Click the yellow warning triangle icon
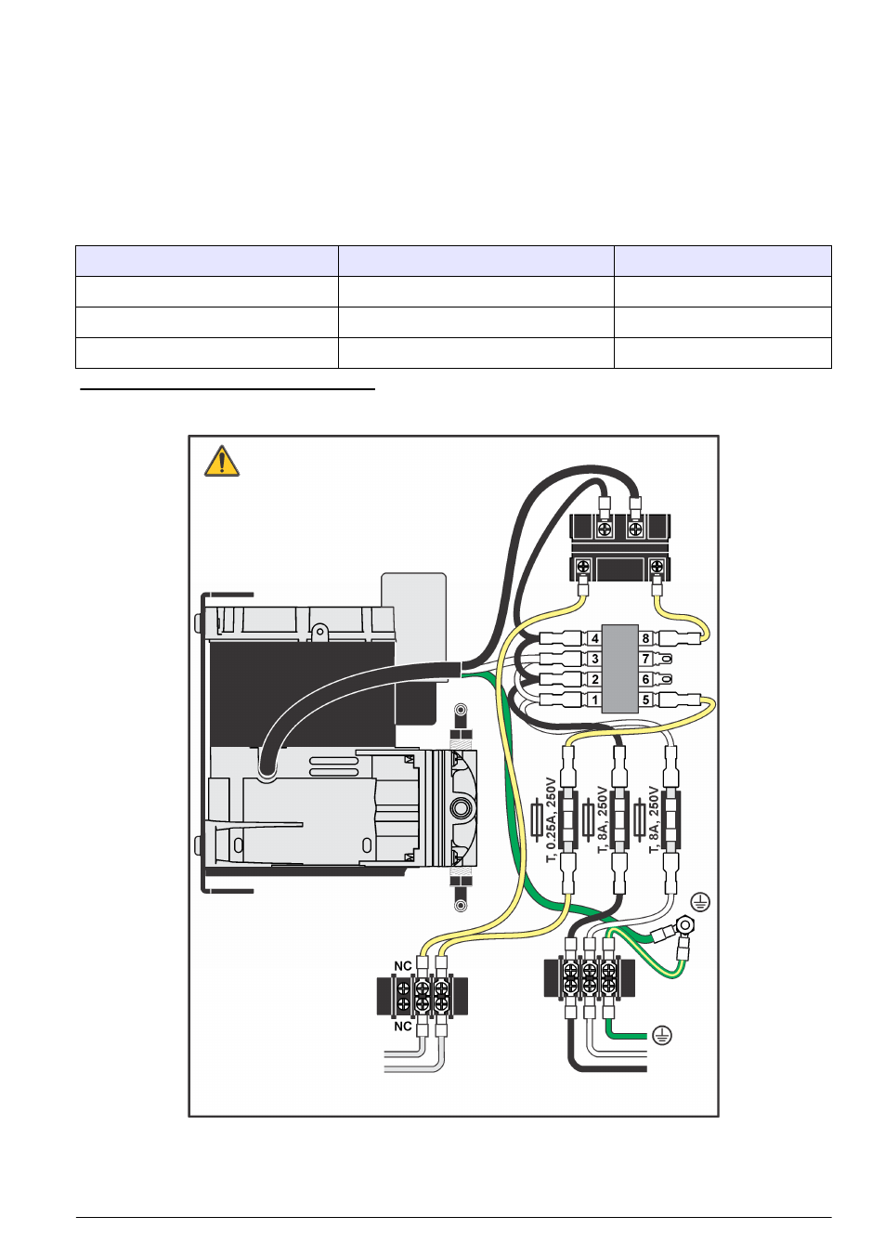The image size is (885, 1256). coord(222,462)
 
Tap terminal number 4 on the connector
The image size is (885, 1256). coord(594,638)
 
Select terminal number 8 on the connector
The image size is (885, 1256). coord(646,638)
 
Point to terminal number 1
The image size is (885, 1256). coord(594,700)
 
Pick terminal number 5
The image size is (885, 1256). coord(646,700)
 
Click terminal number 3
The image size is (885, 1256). coord(594,659)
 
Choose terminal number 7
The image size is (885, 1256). coord(646,659)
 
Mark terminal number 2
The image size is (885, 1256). coord(594,679)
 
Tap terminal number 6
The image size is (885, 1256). coord(646,679)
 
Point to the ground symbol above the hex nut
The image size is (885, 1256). coord(700,901)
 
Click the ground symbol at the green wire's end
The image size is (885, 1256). coord(661,1035)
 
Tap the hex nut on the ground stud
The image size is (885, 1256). coord(685,925)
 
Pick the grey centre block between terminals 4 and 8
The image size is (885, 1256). coord(620,668)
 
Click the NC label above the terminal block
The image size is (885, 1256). coord(403,966)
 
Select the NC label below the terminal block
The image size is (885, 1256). coord(403,1027)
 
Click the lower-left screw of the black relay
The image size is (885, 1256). coord(583,566)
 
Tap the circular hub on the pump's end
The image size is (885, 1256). coord(461,807)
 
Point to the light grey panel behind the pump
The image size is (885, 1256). coord(414,604)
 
